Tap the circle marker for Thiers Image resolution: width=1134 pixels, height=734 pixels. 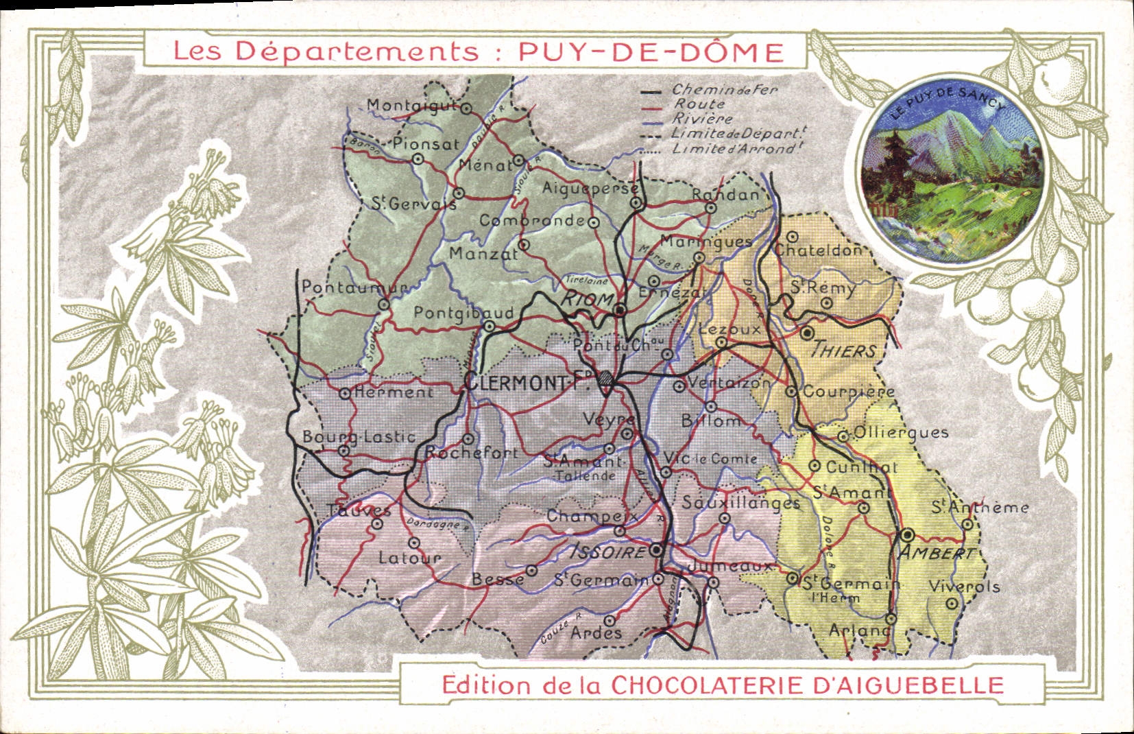(807, 333)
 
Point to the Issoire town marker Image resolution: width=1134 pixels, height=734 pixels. (656, 550)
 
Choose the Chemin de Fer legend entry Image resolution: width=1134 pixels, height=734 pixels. (724, 90)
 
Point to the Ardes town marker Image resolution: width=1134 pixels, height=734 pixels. (609, 616)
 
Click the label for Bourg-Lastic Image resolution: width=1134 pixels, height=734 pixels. (359, 436)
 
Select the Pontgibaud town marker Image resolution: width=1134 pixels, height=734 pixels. (489, 327)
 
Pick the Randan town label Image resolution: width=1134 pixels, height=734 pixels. (725, 194)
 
